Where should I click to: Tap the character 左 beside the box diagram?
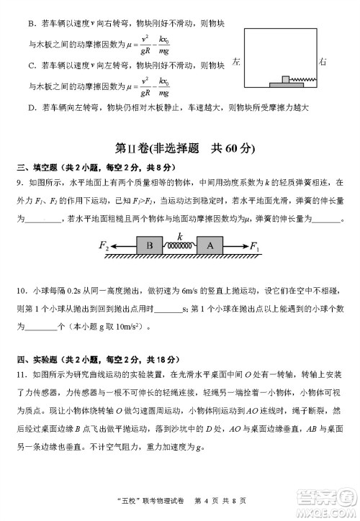pyautogui.click(x=236, y=62)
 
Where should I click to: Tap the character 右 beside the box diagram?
pyautogui.click(x=323, y=62)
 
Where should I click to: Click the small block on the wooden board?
pyautogui.click(x=286, y=78)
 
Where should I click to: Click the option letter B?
pyautogui.click(x=32, y=24)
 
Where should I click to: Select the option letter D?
pyautogui.click(x=32, y=108)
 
